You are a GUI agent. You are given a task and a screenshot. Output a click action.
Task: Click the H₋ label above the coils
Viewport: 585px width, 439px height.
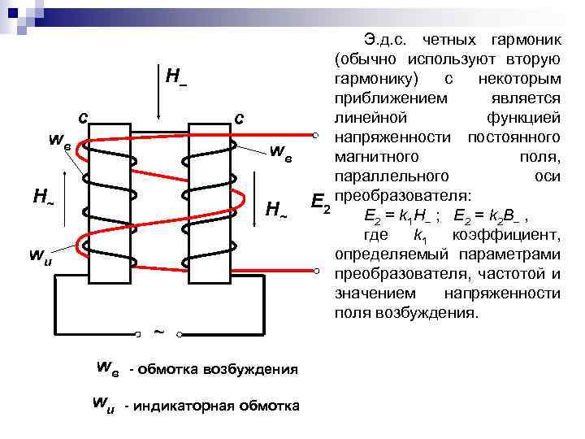tap(175, 78)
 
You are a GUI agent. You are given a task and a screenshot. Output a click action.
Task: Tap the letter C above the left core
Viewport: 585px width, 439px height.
tap(83, 119)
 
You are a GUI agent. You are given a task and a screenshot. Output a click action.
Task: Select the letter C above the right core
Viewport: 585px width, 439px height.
tap(239, 119)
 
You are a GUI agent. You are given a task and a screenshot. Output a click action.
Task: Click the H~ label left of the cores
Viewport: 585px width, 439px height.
tap(43, 196)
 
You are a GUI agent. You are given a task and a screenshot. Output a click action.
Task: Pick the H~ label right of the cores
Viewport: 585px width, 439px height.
tap(276, 211)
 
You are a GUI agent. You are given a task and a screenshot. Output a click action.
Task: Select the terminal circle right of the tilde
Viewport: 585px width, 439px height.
tap(182, 332)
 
